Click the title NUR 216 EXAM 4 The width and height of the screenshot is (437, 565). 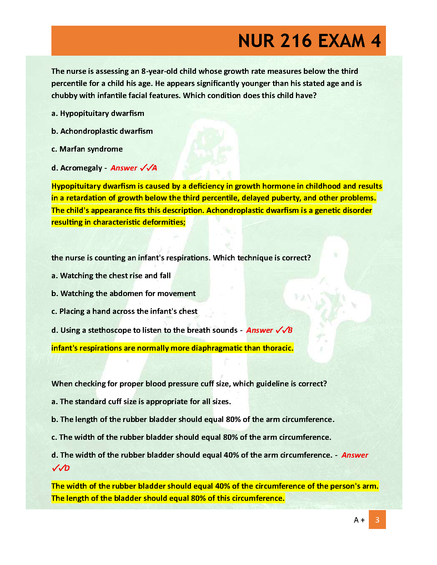pos(309,41)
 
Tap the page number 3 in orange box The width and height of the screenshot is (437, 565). pos(377,520)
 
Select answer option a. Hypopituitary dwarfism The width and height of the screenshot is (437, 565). pos(98,113)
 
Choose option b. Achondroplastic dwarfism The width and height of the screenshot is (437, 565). pos(102,131)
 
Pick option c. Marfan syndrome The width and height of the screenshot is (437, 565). pos(87,149)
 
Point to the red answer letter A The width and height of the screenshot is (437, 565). pos(155,168)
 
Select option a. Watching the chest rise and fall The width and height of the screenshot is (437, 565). pos(111,276)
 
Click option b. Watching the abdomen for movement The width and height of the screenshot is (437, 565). pos(124,294)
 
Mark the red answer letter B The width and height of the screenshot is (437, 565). pos(290,330)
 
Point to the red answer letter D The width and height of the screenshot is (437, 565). pos(67,468)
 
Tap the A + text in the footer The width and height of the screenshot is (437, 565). pos(359,520)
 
